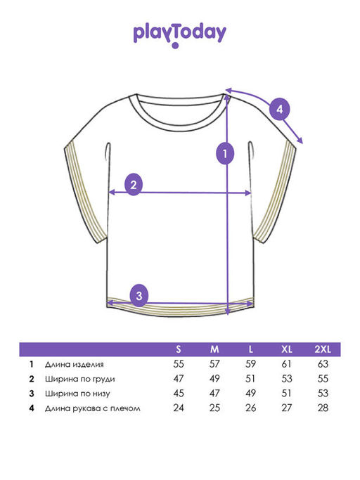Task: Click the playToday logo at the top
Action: [x=179, y=36]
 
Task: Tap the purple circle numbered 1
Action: [x=225, y=153]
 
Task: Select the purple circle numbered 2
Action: [x=134, y=185]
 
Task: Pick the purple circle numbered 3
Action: [x=139, y=296]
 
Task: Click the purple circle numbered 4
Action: [x=280, y=109]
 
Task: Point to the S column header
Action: [x=179, y=349]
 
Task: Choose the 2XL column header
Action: [x=323, y=349]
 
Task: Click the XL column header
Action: [x=287, y=349]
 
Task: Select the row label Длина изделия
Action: [x=74, y=364]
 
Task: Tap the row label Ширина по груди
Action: [x=80, y=379]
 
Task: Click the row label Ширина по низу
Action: [x=77, y=394]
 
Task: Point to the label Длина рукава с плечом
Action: [x=93, y=408]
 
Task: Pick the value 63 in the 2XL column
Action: [x=323, y=364]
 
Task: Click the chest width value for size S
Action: [x=179, y=379]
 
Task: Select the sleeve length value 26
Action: [x=250, y=408]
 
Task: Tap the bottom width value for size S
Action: [x=179, y=393]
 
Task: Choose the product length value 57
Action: [x=214, y=364]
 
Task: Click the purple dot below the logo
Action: [x=175, y=46]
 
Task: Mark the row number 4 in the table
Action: [x=32, y=408]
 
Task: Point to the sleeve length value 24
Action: [x=179, y=408]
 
